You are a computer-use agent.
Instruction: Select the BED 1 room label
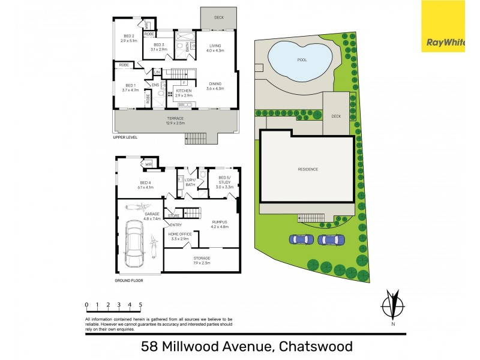(x=130, y=87)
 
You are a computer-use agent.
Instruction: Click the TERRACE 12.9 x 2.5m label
(x=176, y=121)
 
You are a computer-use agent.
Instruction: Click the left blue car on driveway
(x=301, y=239)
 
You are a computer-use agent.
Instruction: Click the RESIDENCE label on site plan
(x=308, y=169)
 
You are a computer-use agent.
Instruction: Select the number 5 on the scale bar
(x=140, y=304)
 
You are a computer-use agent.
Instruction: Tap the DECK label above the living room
(x=218, y=17)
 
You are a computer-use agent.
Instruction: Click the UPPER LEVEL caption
(x=125, y=137)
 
